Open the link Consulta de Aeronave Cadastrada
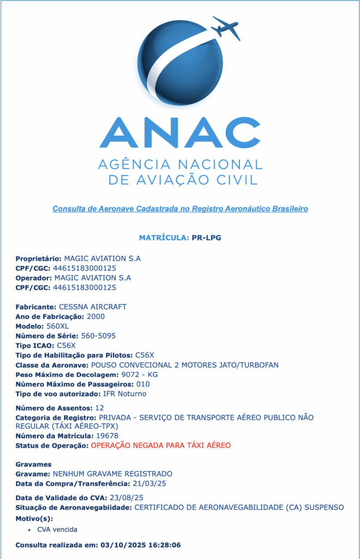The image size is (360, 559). tap(180, 209)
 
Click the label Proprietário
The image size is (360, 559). tap(38, 258)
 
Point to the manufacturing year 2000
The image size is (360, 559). tap(95, 317)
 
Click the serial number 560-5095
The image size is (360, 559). tap(98, 335)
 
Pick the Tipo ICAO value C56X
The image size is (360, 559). tap(67, 345)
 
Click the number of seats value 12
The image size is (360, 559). tap(99, 408)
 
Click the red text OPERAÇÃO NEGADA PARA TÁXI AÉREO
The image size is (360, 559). tap(161, 445)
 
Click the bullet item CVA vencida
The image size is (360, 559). tap(57, 530)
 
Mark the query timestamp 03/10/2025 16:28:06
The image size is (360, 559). tap(139, 545)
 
